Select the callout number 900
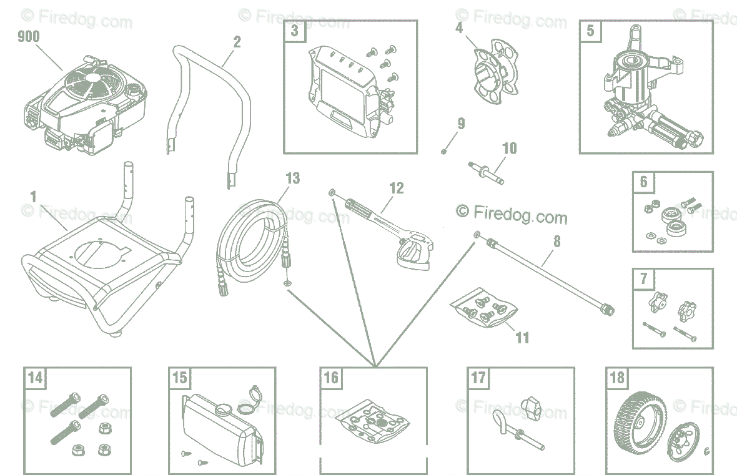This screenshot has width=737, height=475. [x=28, y=37]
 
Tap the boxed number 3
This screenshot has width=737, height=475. [x=294, y=31]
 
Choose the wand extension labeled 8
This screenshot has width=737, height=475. [x=550, y=275]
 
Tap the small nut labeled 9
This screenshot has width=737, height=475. [x=443, y=151]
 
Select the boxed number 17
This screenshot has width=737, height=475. [x=478, y=378]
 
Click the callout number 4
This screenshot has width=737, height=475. [x=459, y=28]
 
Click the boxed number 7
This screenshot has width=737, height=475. [x=644, y=279]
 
